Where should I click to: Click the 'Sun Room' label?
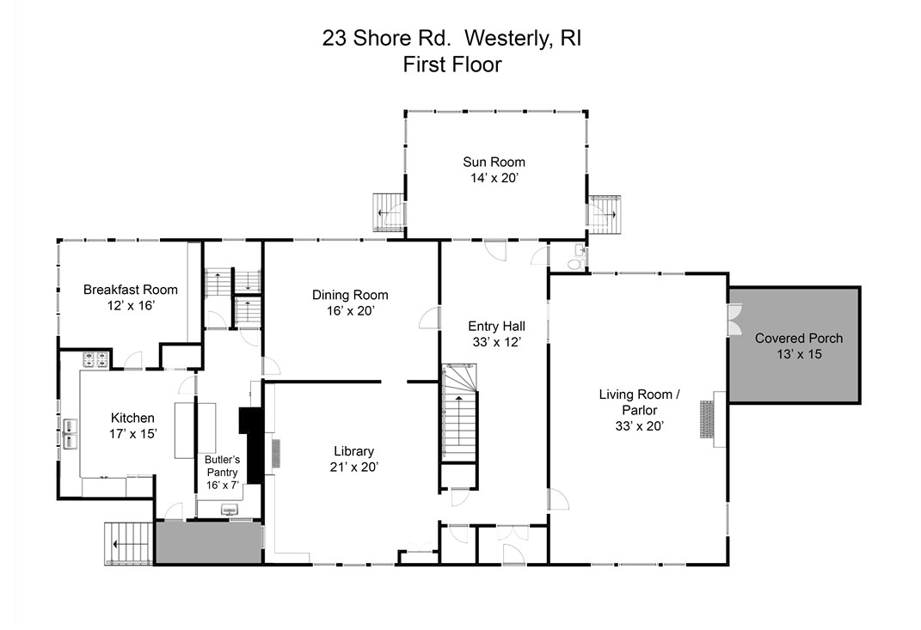494,162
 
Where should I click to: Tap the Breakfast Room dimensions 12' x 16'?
119,305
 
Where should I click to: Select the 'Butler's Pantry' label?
221,466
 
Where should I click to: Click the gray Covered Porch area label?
798,338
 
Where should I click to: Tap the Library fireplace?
275,453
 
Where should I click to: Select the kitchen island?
185,430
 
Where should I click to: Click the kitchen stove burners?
95,361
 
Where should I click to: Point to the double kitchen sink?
69,433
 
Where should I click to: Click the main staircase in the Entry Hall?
459,413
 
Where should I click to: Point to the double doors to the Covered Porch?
733,319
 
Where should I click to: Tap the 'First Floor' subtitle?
452,64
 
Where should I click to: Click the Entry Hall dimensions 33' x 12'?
495,341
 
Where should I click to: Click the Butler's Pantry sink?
229,511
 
